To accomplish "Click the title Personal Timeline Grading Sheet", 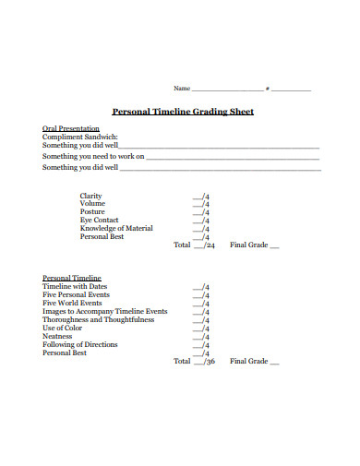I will tap(183, 112).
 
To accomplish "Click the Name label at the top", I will tap(182, 89).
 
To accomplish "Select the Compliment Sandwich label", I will tap(80, 137).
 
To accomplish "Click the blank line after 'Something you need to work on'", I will tap(233, 157).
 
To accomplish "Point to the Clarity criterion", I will tap(91, 196).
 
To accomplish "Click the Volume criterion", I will tap(92, 204).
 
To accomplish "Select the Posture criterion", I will tap(92, 212).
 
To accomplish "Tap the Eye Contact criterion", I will tap(99, 221).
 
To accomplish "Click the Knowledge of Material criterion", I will tap(116, 228).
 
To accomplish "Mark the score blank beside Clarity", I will tap(199, 197).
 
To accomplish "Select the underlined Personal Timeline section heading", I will tap(72, 278).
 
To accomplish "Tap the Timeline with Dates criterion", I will tap(75, 286).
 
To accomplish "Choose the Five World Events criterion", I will tap(72, 303).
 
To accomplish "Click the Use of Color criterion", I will tap(63, 329).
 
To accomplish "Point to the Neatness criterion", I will tap(57, 337).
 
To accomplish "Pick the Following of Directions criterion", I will tap(80, 345).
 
